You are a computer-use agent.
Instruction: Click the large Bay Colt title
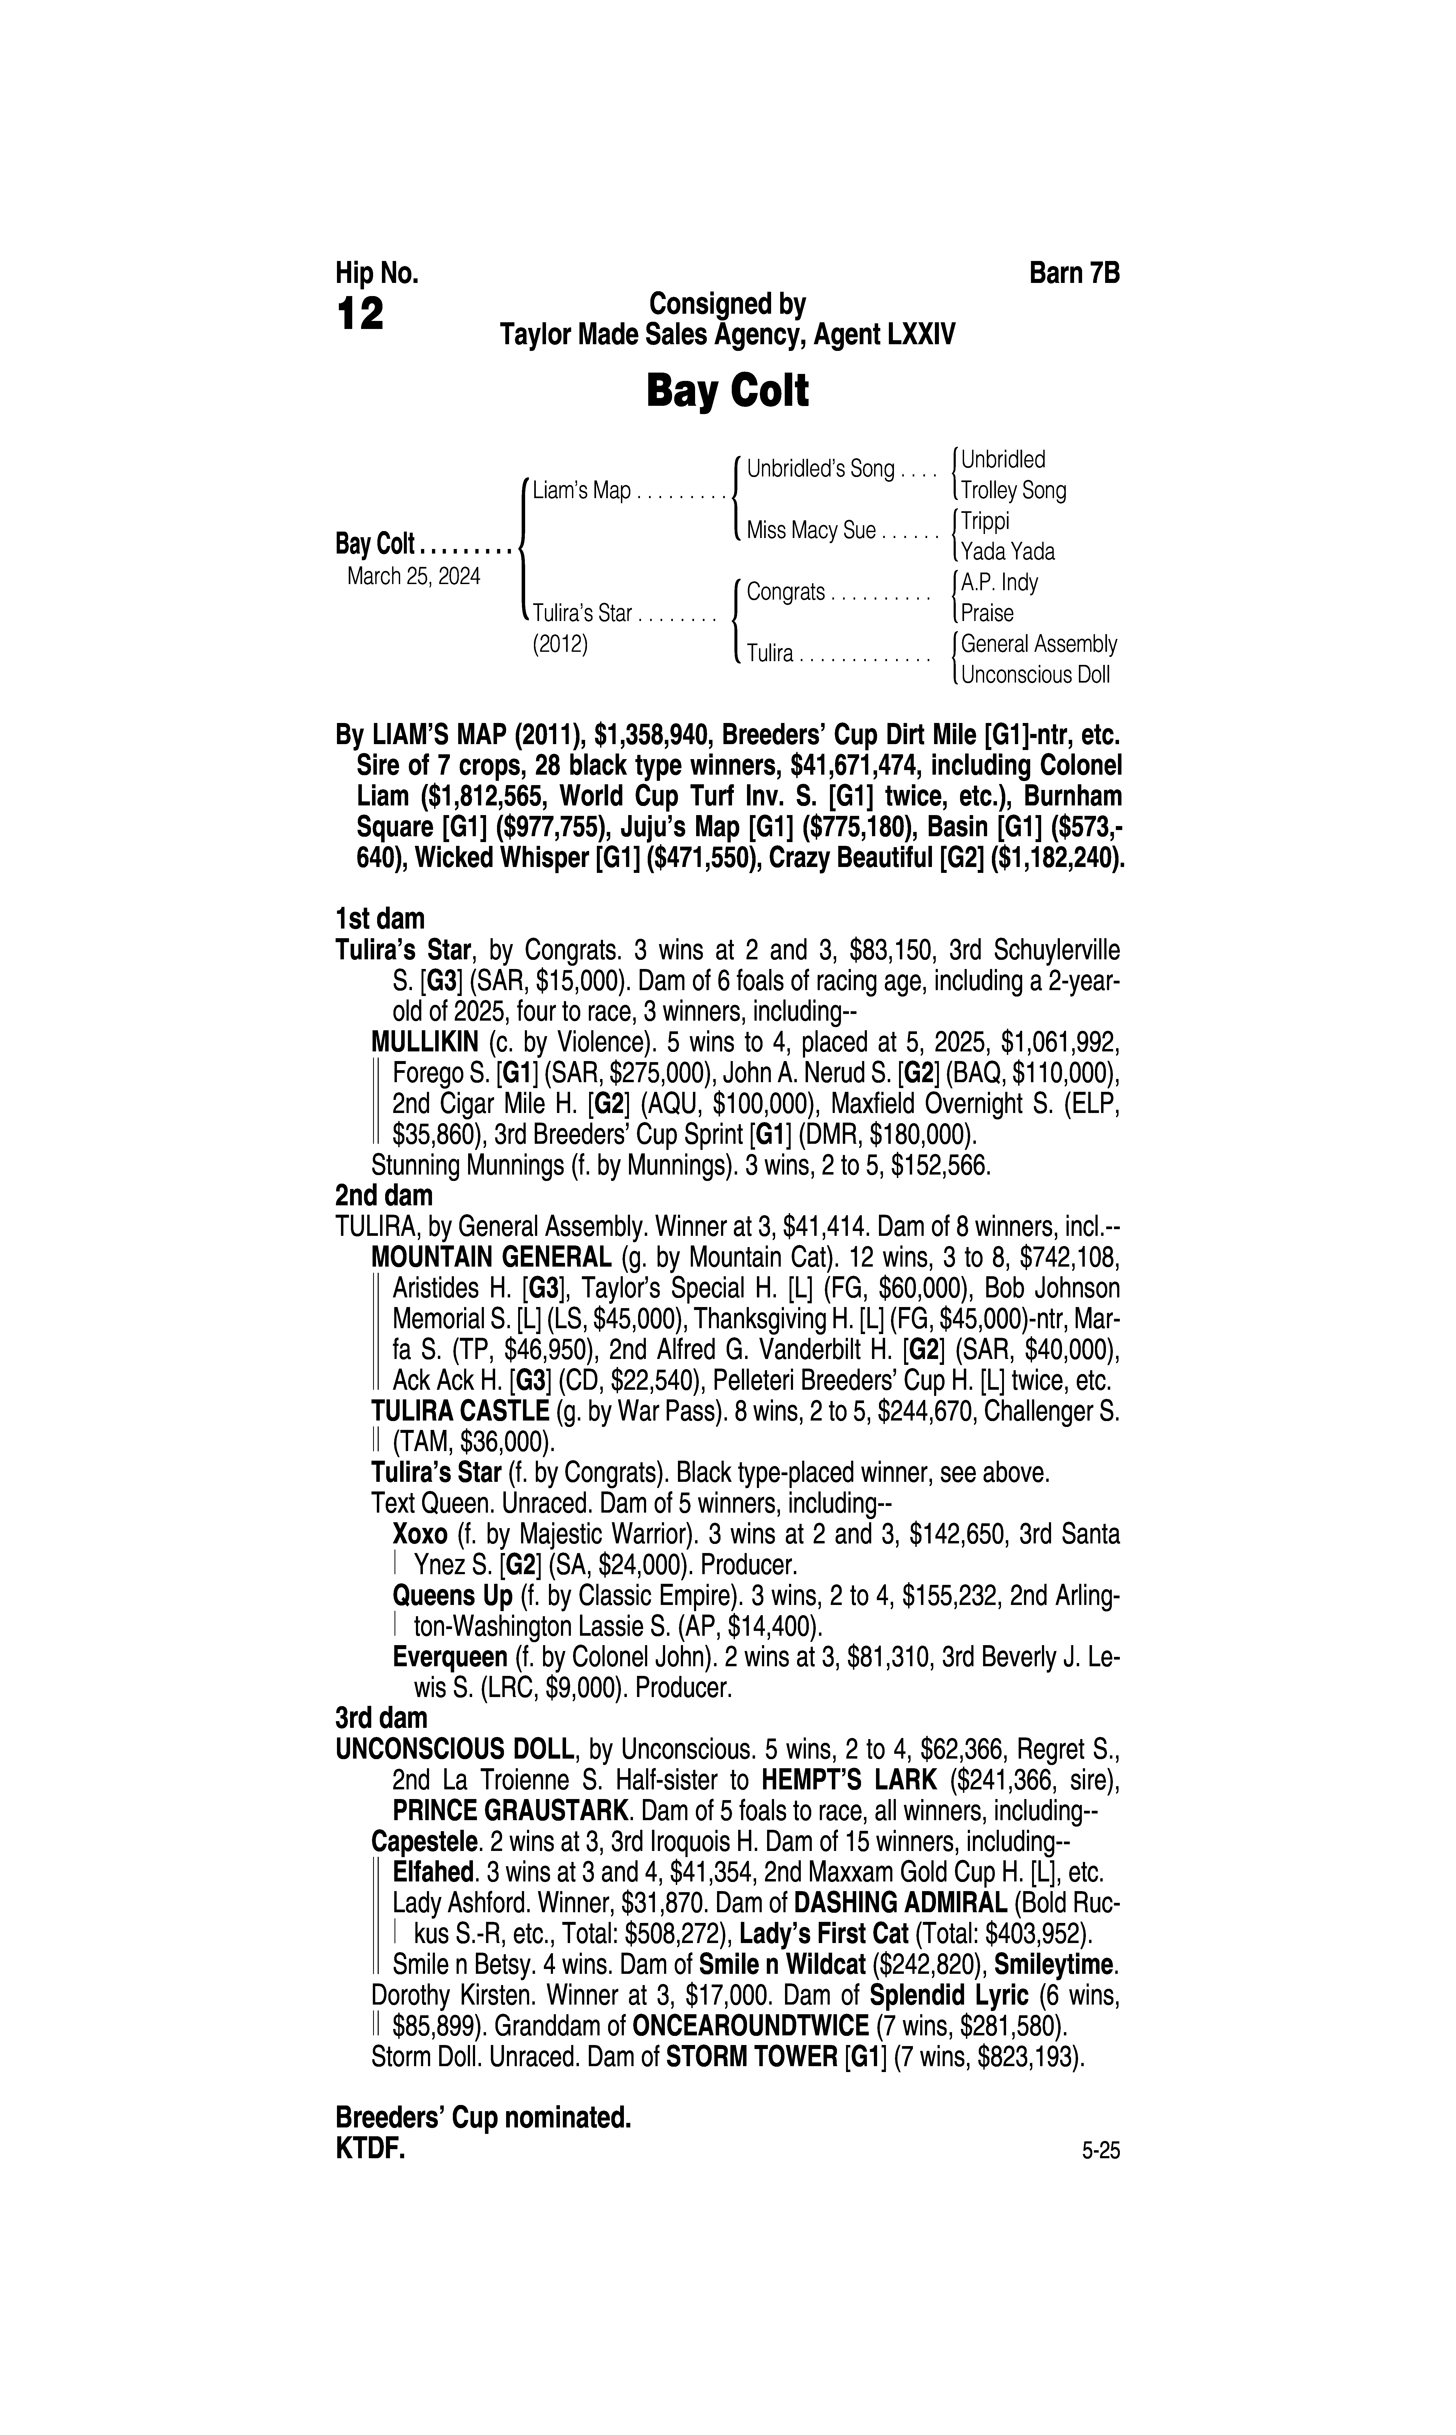tap(727, 391)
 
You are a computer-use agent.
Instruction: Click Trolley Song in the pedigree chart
tap(1014, 491)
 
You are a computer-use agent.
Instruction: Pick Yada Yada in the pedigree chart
tap(1008, 551)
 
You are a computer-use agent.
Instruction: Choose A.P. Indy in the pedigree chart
tap(999, 583)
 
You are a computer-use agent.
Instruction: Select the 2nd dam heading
tap(384, 1196)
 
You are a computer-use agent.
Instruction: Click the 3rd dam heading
tap(382, 1718)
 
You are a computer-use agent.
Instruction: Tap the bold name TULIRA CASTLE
tap(460, 1412)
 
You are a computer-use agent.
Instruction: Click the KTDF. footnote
tap(370, 2149)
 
